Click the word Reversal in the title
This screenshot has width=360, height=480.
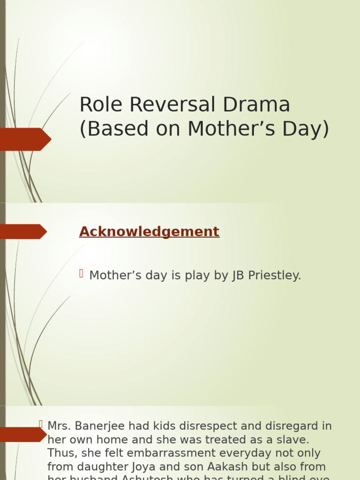pyautogui.click(x=172, y=105)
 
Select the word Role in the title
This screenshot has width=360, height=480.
pyautogui.click(x=101, y=105)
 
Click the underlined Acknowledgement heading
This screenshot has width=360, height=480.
pyautogui.click(x=149, y=232)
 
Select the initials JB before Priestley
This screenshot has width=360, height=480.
pyautogui.click(x=238, y=276)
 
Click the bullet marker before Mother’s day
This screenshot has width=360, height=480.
pyautogui.click(x=81, y=273)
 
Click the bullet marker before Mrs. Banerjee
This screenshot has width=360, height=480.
pyautogui.click(x=41, y=424)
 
